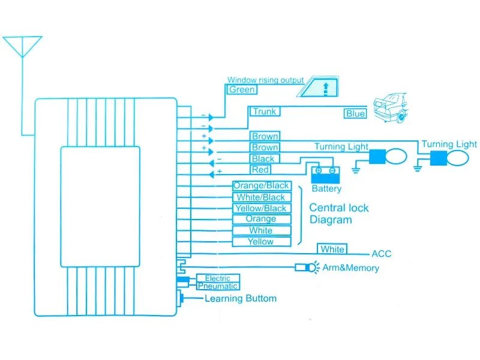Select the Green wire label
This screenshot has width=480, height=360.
click(x=242, y=90)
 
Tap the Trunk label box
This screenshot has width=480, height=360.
click(x=264, y=112)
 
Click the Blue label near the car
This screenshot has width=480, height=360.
click(x=355, y=113)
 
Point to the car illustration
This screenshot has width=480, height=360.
click(x=389, y=107)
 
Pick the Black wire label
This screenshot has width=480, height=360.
click(x=263, y=159)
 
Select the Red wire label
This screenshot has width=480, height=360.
click(x=260, y=170)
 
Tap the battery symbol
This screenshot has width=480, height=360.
click(x=326, y=173)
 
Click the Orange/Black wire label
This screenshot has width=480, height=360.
click(x=261, y=186)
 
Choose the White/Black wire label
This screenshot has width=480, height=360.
click(x=261, y=197)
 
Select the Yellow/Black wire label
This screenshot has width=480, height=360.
click(x=261, y=208)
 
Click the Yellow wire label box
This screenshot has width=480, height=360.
click(x=261, y=242)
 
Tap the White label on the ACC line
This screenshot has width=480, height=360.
click(x=332, y=250)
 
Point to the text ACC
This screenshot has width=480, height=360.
click(x=382, y=254)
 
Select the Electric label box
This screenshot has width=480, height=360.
click(x=217, y=278)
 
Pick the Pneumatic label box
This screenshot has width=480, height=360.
click(x=217, y=286)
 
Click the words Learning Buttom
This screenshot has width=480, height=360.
click(x=241, y=299)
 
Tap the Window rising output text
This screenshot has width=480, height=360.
click(x=265, y=80)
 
